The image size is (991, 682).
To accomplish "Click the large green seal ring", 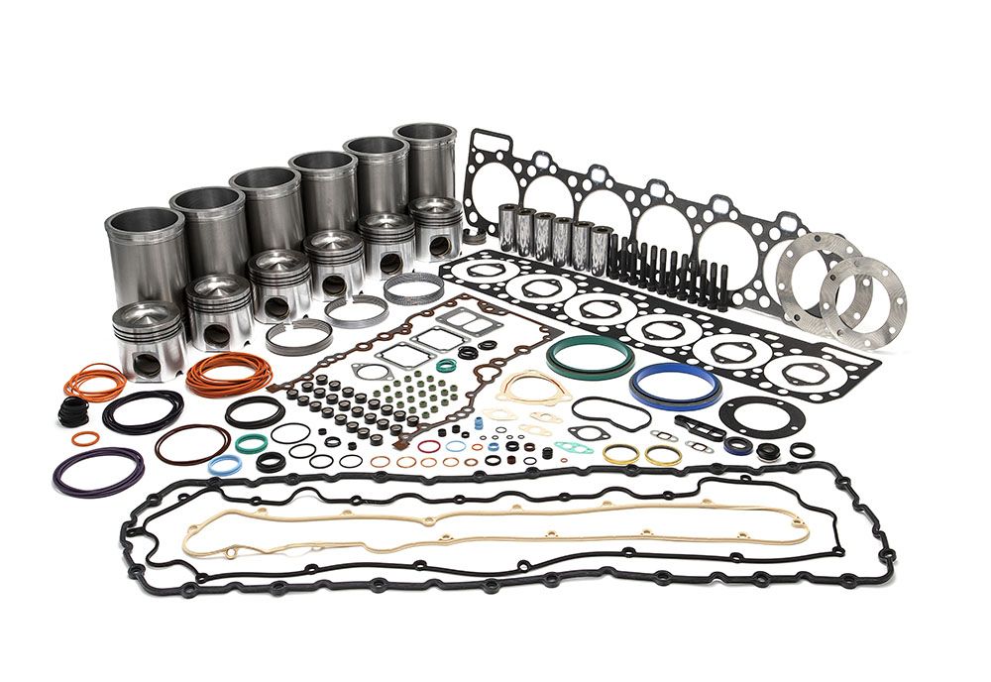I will tap(591, 342).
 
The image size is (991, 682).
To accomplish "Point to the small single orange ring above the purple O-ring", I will tap(86, 438).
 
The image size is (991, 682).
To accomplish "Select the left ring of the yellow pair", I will tap(621, 454).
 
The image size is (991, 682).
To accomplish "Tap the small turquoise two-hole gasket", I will tap(568, 447).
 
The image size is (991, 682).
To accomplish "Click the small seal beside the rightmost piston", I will tap(474, 239).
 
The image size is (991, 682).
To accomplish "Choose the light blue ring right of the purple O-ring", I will tap(222, 465).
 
